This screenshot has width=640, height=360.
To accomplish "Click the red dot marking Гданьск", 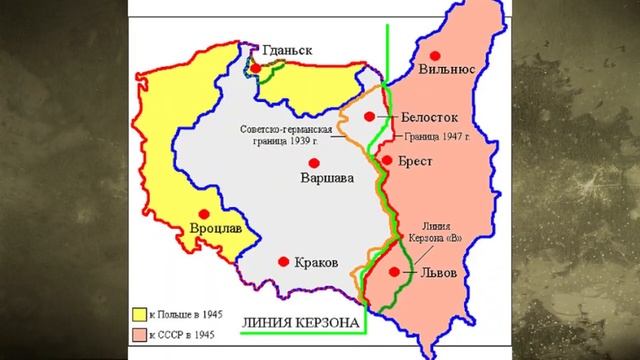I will coord(257,68).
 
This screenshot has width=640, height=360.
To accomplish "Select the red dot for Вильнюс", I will coord(432,57).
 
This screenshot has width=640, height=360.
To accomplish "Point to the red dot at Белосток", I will coord(369,117).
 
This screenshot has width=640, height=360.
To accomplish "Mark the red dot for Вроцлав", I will coord(207,213).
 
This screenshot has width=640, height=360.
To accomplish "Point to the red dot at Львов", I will coord(395,271).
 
